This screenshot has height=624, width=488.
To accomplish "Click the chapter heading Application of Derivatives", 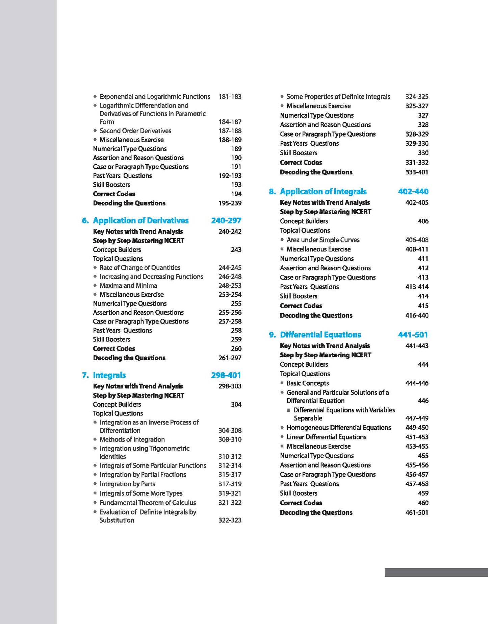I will (x=140, y=221).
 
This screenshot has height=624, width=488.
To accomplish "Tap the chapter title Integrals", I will (x=109, y=375).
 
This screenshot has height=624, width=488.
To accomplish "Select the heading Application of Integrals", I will (x=323, y=192).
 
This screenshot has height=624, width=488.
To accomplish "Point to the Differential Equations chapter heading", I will (x=320, y=335).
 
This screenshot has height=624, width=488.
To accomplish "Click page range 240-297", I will (x=226, y=221).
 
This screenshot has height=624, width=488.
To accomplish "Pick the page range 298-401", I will (x=226, y=375).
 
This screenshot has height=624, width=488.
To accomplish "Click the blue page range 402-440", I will (x=413, y=192).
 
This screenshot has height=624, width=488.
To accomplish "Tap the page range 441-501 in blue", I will (x=413, y=335).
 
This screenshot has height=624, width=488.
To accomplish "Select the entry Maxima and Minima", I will (x=128, y=286).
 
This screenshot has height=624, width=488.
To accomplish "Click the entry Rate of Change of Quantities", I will (x=140, y=268).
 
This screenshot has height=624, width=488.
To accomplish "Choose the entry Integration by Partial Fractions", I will (x=143, y=475).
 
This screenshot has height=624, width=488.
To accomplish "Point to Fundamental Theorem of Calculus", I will (x=148, y=503).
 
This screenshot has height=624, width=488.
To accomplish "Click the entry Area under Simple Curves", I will (x=323, y=240).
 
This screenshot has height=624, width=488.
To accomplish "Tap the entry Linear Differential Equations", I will (x=326, y=437).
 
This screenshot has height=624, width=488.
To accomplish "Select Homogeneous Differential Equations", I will (x=338, y=428).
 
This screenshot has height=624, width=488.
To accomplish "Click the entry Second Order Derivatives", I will (x=135, y=131).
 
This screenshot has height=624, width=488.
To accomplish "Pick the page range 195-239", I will (x=230, y=203).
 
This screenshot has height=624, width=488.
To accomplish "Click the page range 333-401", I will (x=416, y=172).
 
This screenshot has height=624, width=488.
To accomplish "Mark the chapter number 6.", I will (x=85, y=221).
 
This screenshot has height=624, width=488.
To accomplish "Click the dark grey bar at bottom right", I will (x=436, y=572).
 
